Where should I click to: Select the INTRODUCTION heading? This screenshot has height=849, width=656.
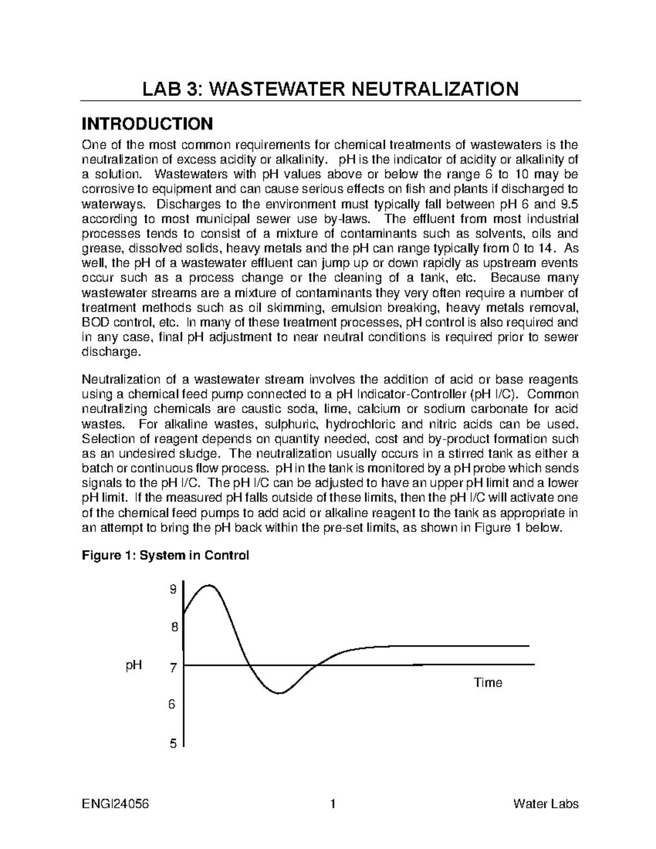(x=147, y=124)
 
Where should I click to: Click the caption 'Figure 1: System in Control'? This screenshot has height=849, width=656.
(x=165, y=555)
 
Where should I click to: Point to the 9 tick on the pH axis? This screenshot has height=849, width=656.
(x=173, y=589)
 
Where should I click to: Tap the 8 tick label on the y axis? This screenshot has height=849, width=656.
(x=174, y=628)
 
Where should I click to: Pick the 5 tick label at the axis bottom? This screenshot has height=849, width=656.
(x=173, y=743)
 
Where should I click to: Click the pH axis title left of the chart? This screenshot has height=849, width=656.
(x=133, y=666)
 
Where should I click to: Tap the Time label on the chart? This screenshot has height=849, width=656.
(x=488, y=682)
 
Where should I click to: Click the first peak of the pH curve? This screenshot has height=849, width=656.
(x=208, y=585)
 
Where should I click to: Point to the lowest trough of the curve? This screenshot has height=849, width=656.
(x=279, y=693)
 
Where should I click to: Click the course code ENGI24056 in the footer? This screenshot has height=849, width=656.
(x=115, y=804)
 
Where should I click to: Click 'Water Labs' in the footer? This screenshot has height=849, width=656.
(x=546, y=804)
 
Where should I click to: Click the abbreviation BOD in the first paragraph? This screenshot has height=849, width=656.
(x=95, y=323)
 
